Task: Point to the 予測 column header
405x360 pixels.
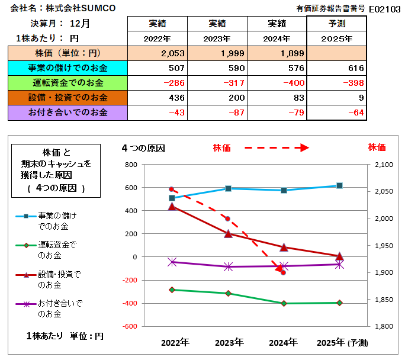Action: click(337, 24)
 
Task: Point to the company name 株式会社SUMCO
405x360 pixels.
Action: click(84, 8)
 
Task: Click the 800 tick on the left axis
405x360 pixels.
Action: click(131, 165)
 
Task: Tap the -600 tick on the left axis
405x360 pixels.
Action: click(130, 326)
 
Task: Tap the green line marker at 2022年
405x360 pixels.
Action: click(172, 290)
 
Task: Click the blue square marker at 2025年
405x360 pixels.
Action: click(339, 186)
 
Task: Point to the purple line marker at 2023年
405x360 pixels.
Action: click(228, 267)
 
